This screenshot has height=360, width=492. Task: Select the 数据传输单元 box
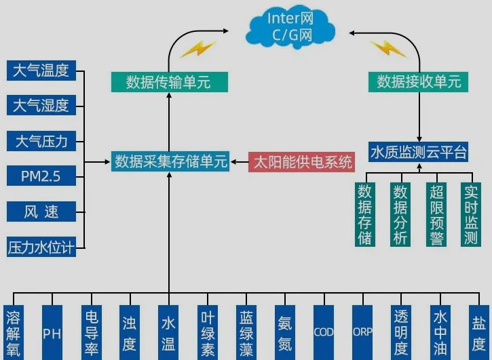tap(168, 83)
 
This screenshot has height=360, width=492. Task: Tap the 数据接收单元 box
tap(419, 82)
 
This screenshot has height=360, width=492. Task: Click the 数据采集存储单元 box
tap(170, 162)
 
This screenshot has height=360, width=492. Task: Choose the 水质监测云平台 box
tap(419, 152)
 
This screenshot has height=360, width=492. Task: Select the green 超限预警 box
tap(436, 214)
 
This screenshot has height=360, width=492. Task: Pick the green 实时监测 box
tap(471, 214)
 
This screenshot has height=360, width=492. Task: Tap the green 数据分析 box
tap(400, 214)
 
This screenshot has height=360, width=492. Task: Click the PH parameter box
tap(52, 333)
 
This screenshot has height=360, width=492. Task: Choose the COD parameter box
tap(323, 333)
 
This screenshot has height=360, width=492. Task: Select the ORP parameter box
tap(362, 333)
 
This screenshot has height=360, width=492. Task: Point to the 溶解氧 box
tap(13, 333)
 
